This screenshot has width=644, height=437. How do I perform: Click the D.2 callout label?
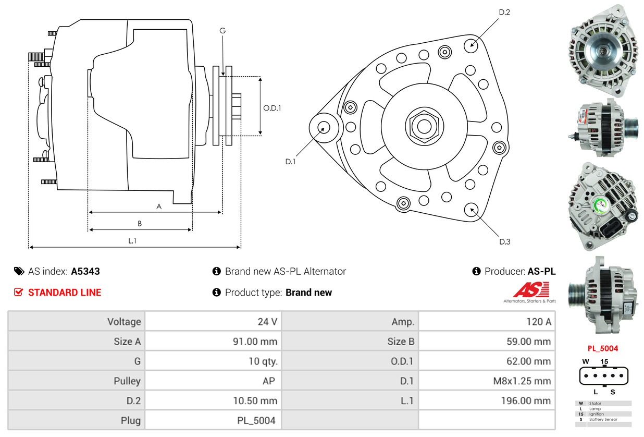click(504, 12)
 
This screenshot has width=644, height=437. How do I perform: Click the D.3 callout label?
click(504, 241)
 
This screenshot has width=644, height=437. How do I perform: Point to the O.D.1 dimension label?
click(272, 108)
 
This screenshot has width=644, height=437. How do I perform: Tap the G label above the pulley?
click(222, 31)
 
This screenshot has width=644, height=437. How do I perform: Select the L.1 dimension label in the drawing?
click(132, 240)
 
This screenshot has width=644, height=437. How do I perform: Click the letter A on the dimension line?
click(159, 207)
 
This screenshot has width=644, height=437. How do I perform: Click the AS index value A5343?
click(85, 271)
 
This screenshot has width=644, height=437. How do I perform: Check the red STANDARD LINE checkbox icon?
click(19, 292)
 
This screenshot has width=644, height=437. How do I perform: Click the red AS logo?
click(531, 289)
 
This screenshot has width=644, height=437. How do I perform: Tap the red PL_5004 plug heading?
click(603, 348)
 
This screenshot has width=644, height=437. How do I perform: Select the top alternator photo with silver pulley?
click(603, 51)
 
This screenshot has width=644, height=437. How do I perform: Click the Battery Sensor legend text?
click(603, 419)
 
